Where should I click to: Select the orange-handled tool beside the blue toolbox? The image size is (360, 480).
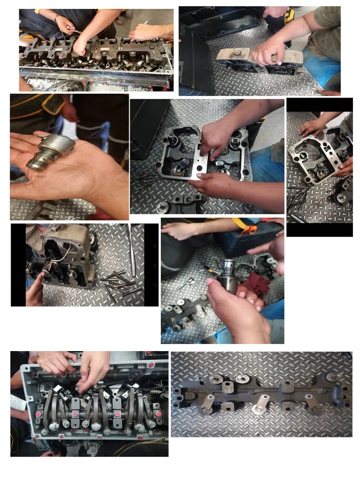pos(251,229)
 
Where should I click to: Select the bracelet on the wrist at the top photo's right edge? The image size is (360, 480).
pos(166,29)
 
